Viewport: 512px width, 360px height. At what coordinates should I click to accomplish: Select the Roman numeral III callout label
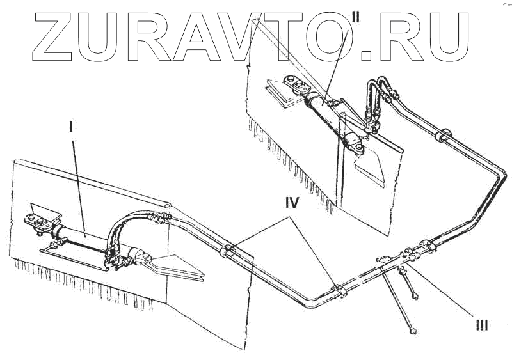pyautogui.click(x=481, y=325)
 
